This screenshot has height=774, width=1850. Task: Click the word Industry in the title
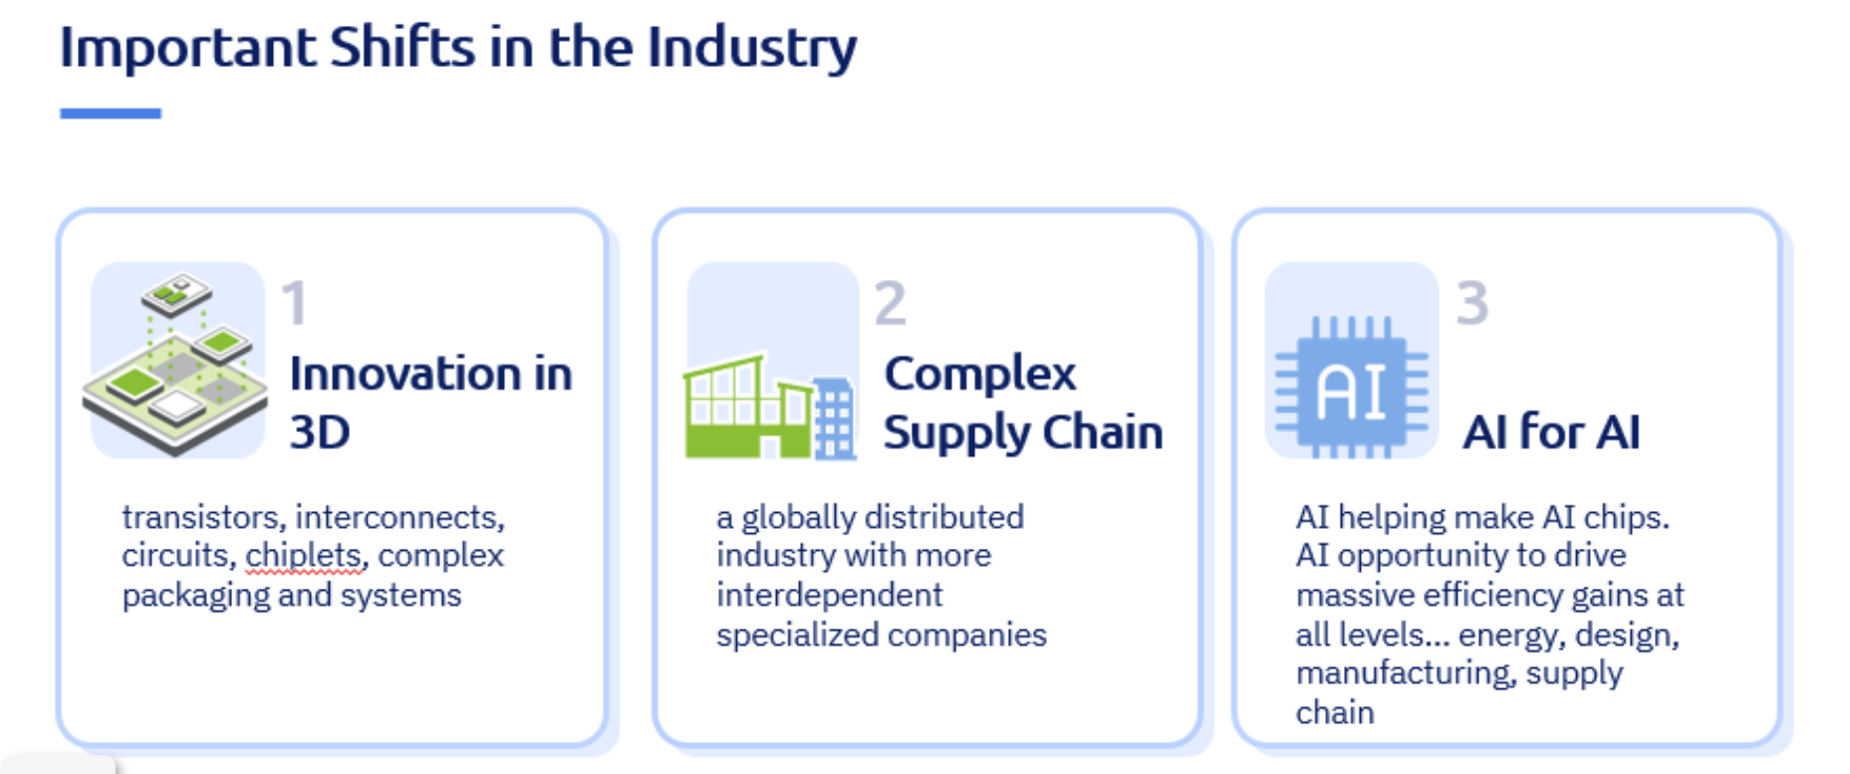752,49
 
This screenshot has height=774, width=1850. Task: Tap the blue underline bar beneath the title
111,114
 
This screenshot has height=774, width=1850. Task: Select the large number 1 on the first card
295,303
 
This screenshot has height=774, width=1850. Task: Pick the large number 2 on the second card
890,303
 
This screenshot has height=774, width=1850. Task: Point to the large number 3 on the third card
1471,303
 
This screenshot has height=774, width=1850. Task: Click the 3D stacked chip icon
176,364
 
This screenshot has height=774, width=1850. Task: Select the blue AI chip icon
1352,387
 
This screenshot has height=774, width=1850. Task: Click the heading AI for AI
1551,432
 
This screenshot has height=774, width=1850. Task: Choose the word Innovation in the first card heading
406,375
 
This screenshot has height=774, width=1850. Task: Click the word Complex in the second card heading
980,375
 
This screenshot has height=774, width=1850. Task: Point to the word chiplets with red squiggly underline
304,556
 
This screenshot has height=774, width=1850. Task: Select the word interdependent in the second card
829,595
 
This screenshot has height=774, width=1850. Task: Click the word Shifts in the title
402,47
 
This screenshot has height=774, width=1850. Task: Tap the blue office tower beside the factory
834,418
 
